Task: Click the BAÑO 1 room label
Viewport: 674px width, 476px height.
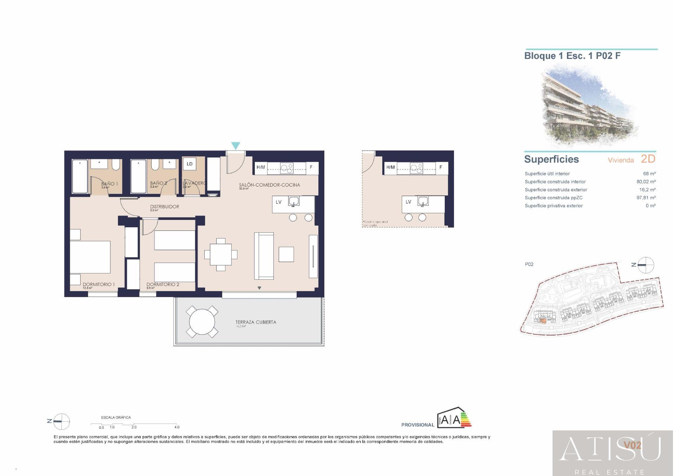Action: click(x=110, y=183)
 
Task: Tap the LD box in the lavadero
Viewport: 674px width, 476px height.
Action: click(x=190, y=164)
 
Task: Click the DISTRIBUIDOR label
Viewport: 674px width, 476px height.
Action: click(x=165, y=207)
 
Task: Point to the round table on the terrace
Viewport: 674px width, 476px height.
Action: click(x=202, y=322)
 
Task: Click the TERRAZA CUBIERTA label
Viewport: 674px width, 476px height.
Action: click(x=256, y=322)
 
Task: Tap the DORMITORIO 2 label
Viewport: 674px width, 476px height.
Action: click(x=163, y=284)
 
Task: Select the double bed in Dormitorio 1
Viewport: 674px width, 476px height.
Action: click(x=90, y=257)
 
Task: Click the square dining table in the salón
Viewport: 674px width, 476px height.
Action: click(x=220, y=255)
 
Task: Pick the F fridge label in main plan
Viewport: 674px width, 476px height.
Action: click(x=311, y=167)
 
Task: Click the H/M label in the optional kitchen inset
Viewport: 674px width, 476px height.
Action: click(x=390, y=167)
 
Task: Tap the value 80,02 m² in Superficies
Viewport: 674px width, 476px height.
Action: click(x=646, y=182)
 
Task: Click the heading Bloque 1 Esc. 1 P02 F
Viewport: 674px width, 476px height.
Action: click(x=572, y=56)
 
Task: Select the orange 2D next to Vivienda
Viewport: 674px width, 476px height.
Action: click(x=648, y=159)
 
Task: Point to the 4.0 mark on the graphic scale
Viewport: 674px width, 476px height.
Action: click(x=177, y=427)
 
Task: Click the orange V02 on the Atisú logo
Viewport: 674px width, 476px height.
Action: click(x=632, y=445)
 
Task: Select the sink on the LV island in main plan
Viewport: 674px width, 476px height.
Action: click(x=293, y=201)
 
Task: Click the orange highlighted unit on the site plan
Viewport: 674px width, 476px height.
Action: click(x=543, y=320)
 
